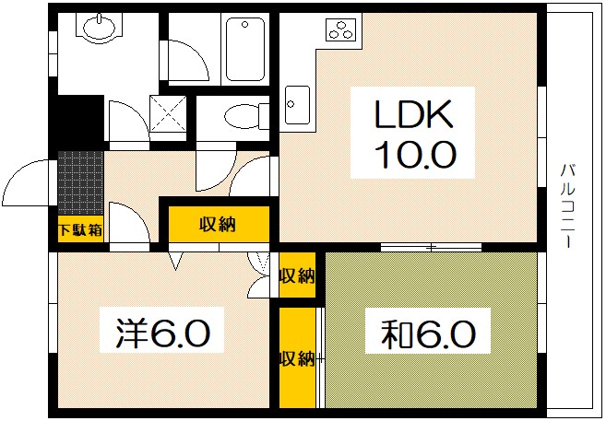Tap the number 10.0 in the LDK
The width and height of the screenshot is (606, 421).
413,152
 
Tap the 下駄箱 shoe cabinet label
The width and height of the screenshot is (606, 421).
79,229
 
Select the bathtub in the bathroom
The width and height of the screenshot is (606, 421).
245,48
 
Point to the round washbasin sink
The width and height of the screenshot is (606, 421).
97,30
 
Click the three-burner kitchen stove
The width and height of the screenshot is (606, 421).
340,30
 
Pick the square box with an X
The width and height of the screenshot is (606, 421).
167,115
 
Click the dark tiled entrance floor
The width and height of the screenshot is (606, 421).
80,183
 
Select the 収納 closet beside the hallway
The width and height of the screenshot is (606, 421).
219,224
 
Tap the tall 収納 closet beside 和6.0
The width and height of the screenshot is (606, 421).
297,357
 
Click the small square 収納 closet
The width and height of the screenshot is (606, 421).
297,275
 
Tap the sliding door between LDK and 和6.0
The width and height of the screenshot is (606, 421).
431,246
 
